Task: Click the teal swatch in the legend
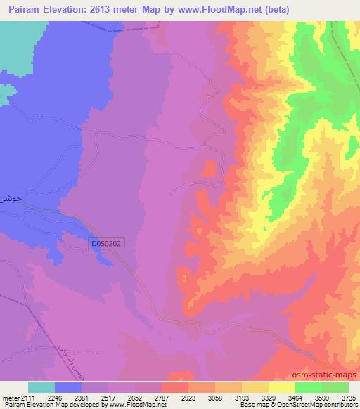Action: tap(41, 387)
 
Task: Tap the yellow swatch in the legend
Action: tap(282, 387)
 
